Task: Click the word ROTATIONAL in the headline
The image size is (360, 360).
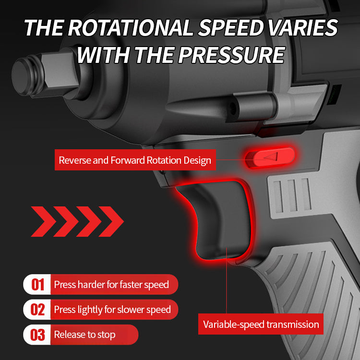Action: (x=130, y=27)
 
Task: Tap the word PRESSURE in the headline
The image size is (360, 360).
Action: (x=232, y=55)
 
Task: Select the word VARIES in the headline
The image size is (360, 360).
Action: (x=303, y=27)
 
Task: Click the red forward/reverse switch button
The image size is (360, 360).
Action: (x=270, y=157)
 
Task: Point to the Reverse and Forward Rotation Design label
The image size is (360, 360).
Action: (x=135, y=160)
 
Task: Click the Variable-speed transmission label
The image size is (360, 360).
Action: (x=261, y=324)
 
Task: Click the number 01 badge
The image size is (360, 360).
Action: (x=37, y=285)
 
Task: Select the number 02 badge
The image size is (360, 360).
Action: (x=37, y=310)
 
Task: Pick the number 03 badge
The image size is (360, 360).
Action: (x=37, y=335)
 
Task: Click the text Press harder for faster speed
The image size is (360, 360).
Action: (x=111, y=285)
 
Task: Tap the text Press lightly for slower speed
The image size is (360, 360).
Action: (x=112, y=310)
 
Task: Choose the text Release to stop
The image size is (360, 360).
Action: (x=84, y=335)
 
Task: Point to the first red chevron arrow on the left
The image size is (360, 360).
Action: (x=44, y=221)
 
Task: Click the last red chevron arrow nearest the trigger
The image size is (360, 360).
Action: (x=111, y=221)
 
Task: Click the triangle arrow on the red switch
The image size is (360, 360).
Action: (x=272, y=156)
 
